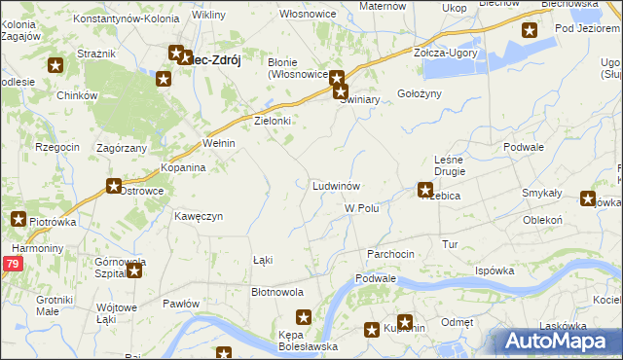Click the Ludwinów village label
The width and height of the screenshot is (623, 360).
click(338, 185)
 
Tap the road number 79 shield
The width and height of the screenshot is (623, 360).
click(12, 264)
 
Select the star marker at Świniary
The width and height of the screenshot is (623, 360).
click(341, 93)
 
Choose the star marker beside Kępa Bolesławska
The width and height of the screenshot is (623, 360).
click(304, 317)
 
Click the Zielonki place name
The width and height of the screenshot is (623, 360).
click(274, 121)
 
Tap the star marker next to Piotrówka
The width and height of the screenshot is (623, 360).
click(18, 220)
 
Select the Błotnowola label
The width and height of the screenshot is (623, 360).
click(277, 291)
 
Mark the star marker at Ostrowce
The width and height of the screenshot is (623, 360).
click(114, 186)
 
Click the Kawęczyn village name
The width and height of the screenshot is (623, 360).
click(199, 215)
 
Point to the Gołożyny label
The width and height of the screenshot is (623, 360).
click(420, 93)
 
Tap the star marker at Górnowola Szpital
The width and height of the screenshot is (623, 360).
click(134, 270)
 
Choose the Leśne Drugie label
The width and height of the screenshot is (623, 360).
click(450, 164)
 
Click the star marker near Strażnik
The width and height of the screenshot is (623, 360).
click(55, 66)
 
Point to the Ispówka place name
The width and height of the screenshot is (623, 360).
click(494, 270)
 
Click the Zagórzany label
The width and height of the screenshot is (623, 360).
click(122, 147)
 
